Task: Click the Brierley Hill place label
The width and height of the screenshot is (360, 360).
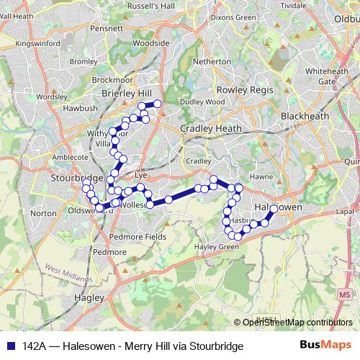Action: tap(127, 94)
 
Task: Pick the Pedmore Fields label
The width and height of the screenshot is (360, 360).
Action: tap(138, 236)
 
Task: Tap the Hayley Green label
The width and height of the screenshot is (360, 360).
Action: tap(217, 247)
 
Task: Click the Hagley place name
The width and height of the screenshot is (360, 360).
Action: tap(89, 297)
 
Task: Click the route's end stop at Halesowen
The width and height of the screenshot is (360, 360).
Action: tap(274, 209)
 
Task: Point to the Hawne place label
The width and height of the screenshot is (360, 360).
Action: tap(258, 176)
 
